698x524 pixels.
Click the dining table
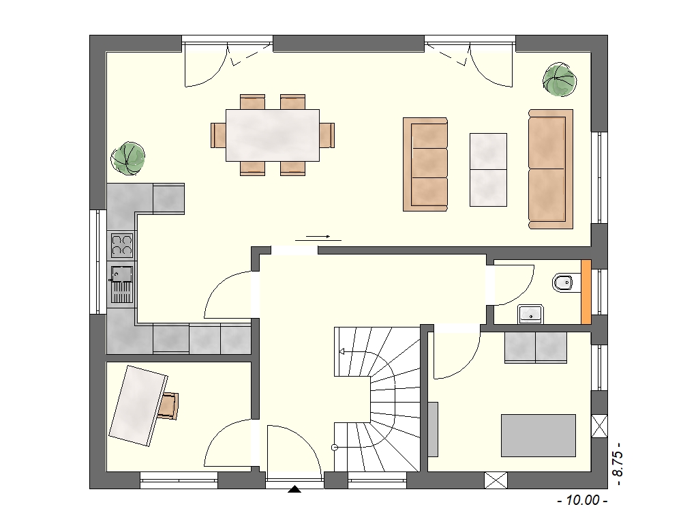[x=273, y=135]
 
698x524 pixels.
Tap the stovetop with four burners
[x=121, y=246]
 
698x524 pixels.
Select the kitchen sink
[x=121, y=285]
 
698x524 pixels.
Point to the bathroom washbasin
[x=530, y=314]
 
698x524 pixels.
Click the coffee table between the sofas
[x=488, y=170]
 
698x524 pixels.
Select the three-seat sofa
[x=425, y=164]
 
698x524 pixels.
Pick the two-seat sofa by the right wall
[x=551, y=169]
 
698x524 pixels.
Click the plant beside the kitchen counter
[x=127, y=158]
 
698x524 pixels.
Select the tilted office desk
[x=138, y=405]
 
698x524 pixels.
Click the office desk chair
[x=169, y=406]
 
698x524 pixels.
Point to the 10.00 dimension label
[x=582, y=500]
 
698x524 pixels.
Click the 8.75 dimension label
[x=618, y=465]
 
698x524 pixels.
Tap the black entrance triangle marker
[x=294, y=489]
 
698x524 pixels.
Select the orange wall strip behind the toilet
[x=586, y=292]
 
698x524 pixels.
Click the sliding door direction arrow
[x=318, y=237]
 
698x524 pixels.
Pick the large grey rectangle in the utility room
[x=538, y=435]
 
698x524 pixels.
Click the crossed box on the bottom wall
[x=496, y=480]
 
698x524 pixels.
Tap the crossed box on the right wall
[x=599, y=426]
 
